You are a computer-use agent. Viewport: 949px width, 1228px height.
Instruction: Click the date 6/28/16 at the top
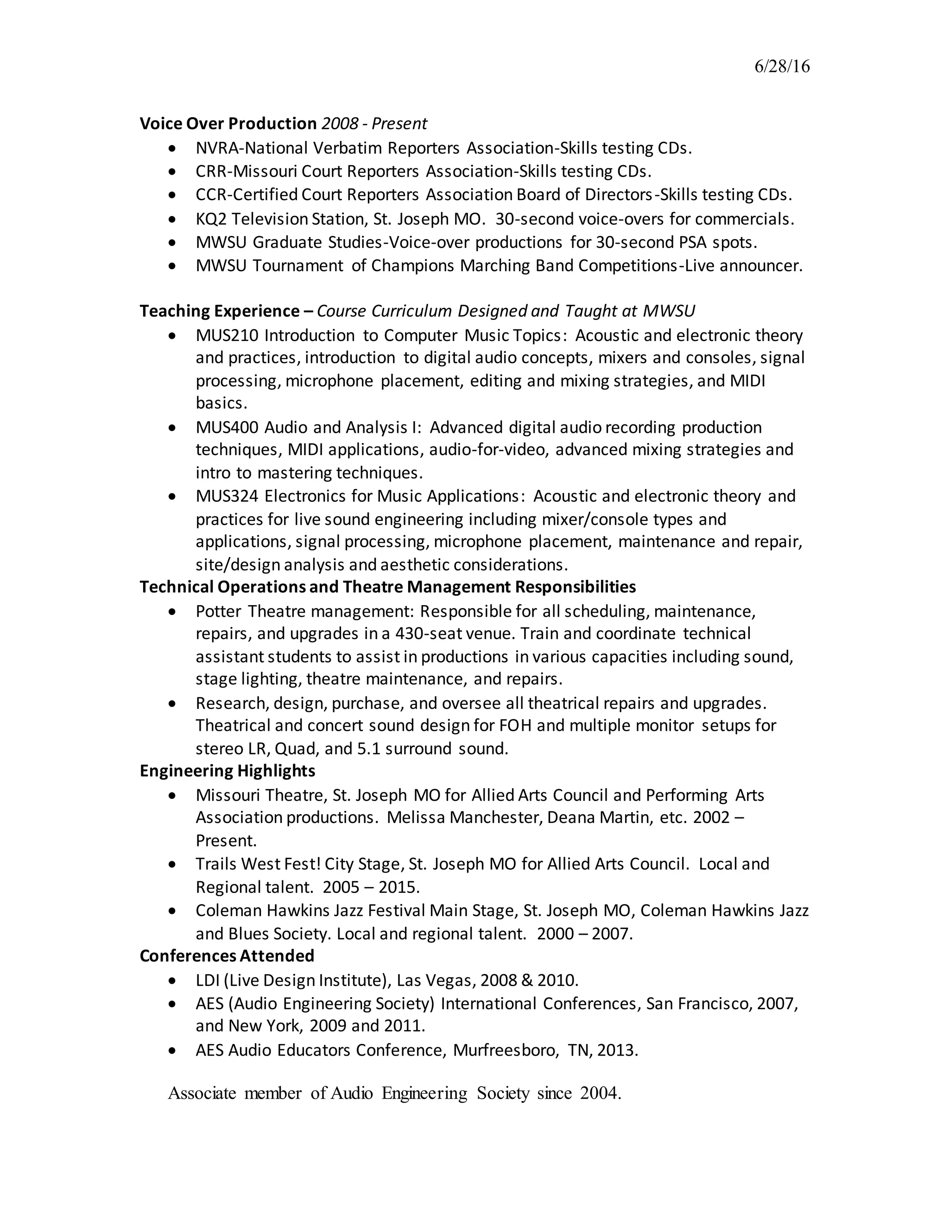781,67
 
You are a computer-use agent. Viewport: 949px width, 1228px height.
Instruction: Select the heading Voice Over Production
228,124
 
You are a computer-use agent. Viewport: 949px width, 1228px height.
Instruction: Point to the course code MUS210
227,335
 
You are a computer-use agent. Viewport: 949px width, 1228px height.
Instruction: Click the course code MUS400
227,427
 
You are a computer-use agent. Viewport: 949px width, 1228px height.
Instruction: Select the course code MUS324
227,496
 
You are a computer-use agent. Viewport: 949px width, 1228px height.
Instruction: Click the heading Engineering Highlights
227,770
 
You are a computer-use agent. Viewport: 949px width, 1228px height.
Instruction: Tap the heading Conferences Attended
227,956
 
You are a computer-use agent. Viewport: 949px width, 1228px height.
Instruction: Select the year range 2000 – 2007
584,933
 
